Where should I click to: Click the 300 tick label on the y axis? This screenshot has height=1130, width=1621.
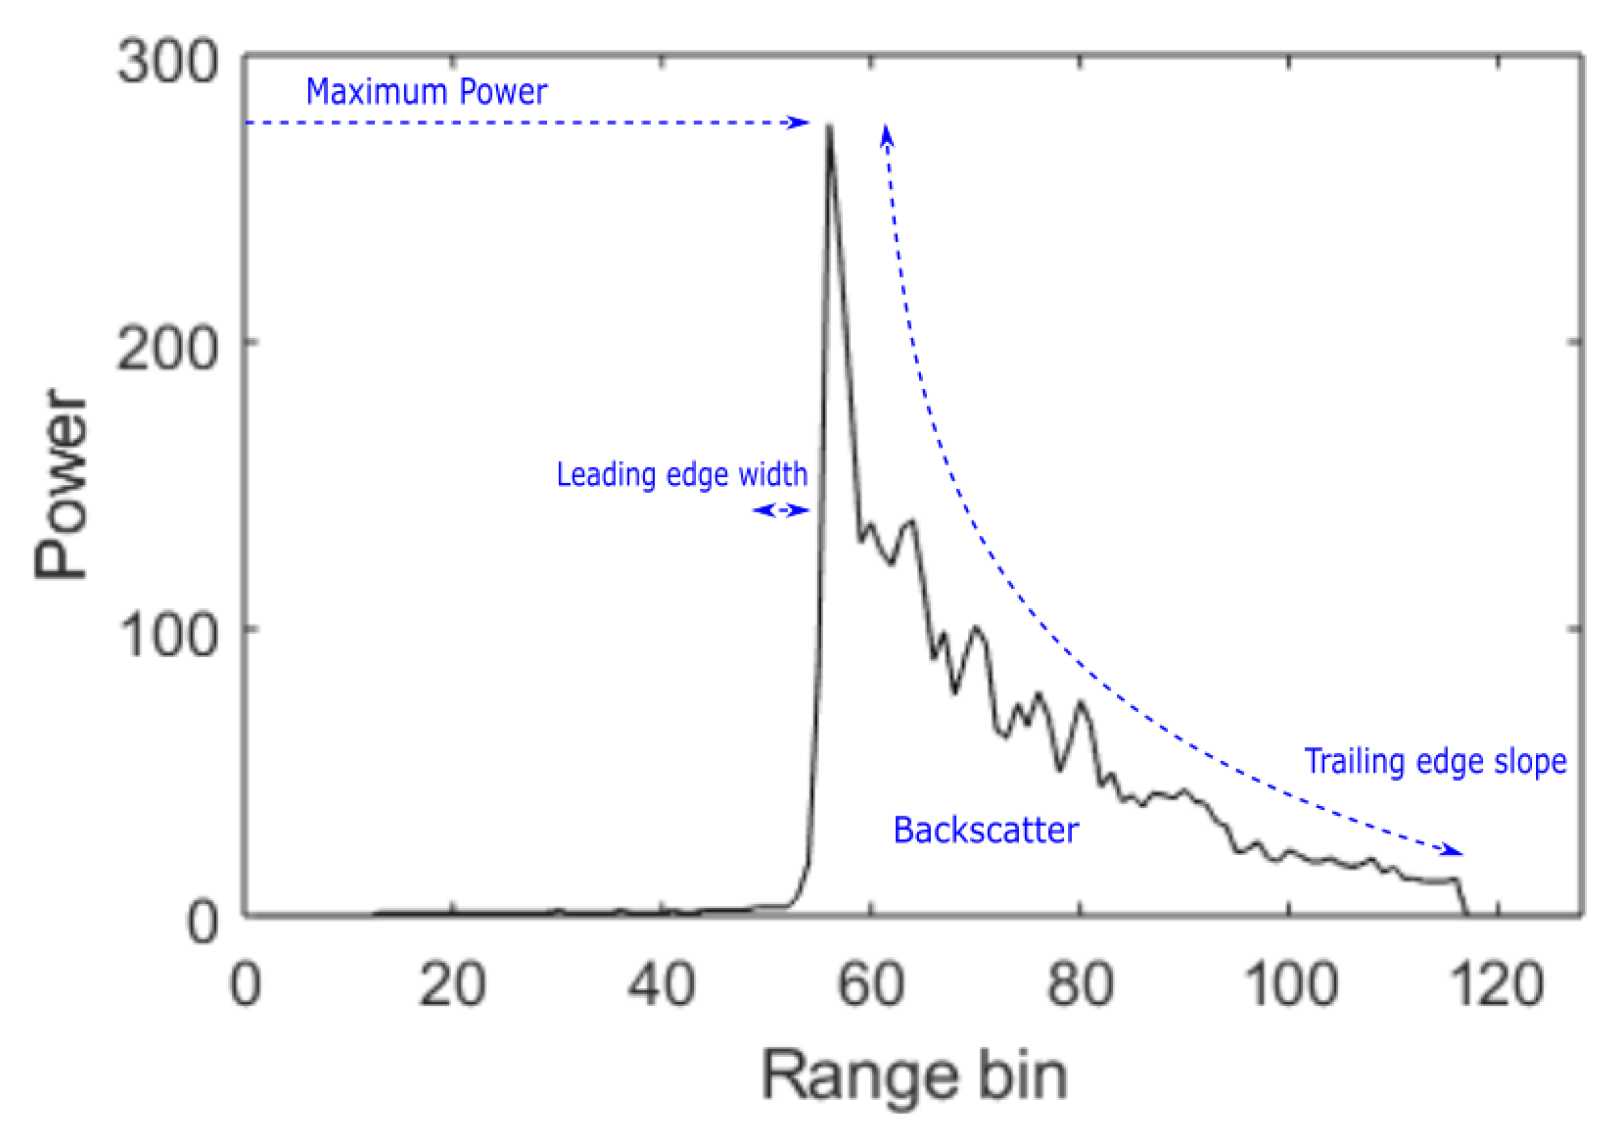[168, 62]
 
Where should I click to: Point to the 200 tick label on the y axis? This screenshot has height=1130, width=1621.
[167, 349]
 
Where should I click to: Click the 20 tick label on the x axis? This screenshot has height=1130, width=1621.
[453, 985]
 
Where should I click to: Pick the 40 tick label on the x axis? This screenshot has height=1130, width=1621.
[662, 985]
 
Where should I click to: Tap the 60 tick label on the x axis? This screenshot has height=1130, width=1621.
[871, 985]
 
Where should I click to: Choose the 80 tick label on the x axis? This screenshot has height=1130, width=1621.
[1080, 985]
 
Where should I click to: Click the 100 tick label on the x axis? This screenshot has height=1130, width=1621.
[1289, 985]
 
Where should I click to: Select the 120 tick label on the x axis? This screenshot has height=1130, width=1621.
[1498, 985]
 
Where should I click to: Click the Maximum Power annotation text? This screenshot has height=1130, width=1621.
[426, 92]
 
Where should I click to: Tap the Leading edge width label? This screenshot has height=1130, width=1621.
[682, 475]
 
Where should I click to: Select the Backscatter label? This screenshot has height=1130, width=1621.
[985, 830]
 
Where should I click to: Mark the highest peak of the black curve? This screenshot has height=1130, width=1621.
[830, 127]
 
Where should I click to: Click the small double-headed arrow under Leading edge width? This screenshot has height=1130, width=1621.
[781, 510]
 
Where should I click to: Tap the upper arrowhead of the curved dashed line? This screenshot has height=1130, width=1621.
[887, 134]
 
